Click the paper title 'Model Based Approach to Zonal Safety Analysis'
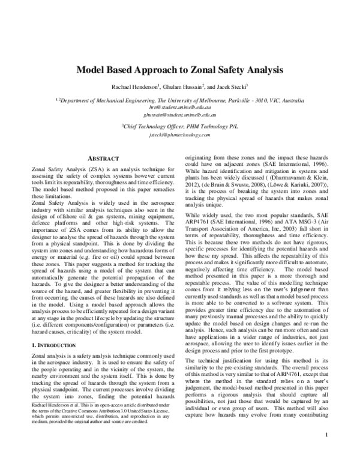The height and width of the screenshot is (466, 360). point(179,69)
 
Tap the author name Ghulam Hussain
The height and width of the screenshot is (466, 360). point(182,87)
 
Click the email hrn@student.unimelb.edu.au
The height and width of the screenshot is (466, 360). point(179,106)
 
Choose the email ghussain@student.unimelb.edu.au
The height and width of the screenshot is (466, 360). point(179,113)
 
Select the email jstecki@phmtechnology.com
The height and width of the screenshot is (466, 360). point(179,136)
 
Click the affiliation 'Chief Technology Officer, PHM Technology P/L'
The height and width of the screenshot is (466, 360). point(179,127)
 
